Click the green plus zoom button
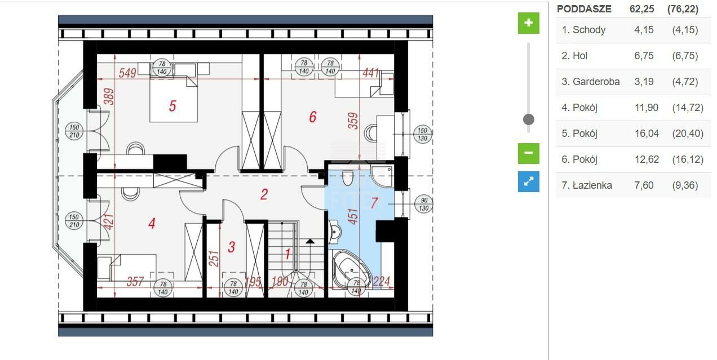pos(529,23)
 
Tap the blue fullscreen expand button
pos(529,182)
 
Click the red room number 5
pos(172,106)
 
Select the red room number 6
pos(313,117)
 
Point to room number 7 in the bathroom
pos(374,203)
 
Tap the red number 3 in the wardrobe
pos(232,247)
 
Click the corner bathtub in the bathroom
pos(352,269)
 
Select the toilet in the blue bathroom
pos(347,178)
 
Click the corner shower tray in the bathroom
pos(382,176)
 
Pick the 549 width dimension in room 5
pos(127,73)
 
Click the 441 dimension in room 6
pos(371,73)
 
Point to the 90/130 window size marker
pos(423,204)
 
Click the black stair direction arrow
pos(309,241)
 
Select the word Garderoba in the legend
pos(596,82)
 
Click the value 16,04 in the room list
pos(647,134)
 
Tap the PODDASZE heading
pos(584,9)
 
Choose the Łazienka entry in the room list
pos(592,185)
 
